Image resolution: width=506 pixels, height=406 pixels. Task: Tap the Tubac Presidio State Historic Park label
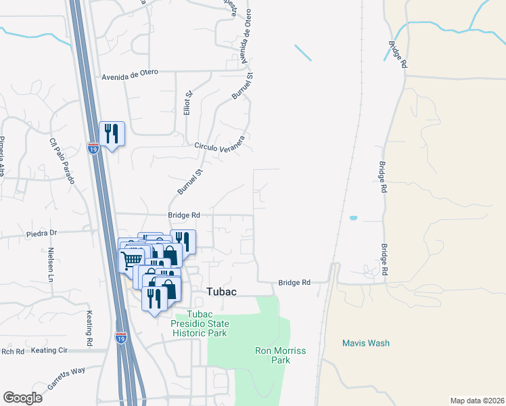(202, 323)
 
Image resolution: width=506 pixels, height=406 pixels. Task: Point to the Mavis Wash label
(366, 343)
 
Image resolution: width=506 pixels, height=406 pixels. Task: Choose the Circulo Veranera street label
(218, 146)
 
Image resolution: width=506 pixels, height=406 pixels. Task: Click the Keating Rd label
(89, 329)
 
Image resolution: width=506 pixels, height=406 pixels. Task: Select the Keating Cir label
(49, 351)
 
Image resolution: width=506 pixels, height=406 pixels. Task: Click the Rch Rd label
(12, 351)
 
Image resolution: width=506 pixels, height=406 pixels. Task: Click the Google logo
(22, 398)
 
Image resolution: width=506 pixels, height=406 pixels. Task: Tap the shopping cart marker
(131, 259)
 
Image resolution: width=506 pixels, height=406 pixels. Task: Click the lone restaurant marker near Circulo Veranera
(112, 133)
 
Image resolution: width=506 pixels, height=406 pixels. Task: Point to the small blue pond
(352, 219)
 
